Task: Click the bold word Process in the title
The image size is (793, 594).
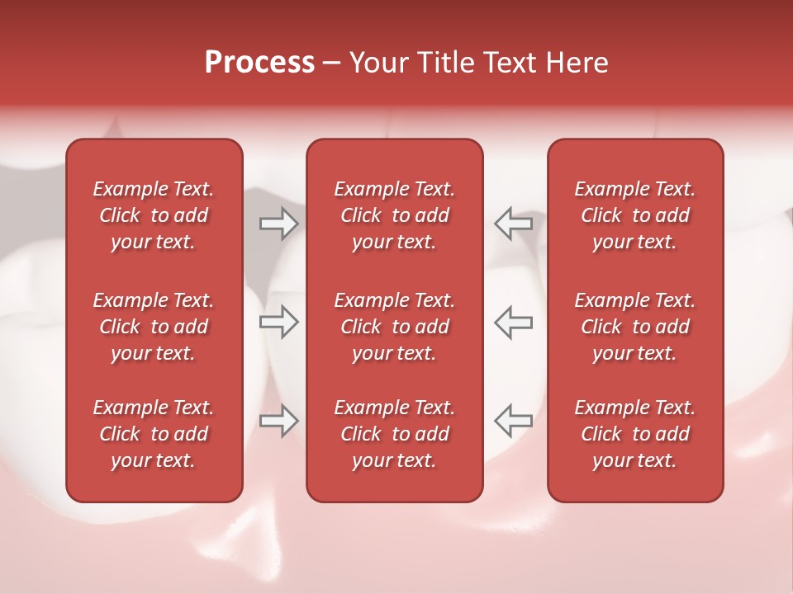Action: click(x=259, y=63)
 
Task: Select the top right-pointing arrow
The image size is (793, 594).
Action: click(x=278, y=224)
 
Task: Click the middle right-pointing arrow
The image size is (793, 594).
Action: click(x=278, y=322)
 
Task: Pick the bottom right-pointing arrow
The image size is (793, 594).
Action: click(x=278, y=421)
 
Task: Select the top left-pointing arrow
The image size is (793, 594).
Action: click(x=513, y=224)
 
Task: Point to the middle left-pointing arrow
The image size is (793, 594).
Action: click(x=513, y=322)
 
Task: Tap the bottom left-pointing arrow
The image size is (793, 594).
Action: click(x=513, y=421)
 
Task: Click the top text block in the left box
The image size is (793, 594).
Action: click(x=154, y=215)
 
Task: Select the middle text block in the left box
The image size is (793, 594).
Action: click(x=154, y=327)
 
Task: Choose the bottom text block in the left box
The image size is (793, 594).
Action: click(x=154, y=434)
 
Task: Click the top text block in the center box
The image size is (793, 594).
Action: click(x=394, y=215)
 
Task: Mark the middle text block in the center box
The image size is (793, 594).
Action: click(x=394, y=327)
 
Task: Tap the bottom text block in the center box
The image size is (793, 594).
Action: click(x=394, y=434)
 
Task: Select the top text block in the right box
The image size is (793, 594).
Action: click(x=634, y=215)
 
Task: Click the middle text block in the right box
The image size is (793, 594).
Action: click(x=634, y=327)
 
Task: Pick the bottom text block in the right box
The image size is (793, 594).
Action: click(x=634, y=434)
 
